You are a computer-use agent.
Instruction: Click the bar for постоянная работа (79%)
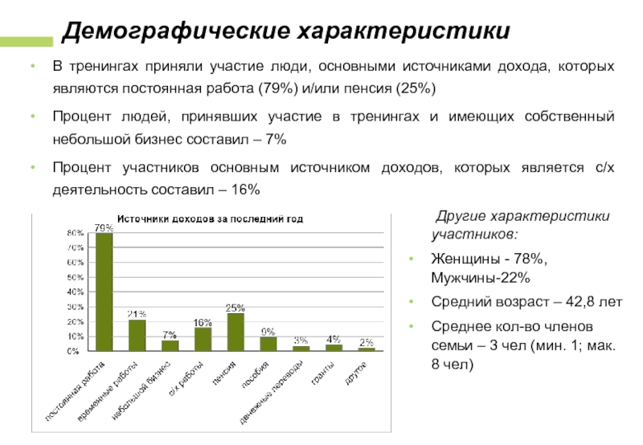pyautogui.click(x=104, y=292)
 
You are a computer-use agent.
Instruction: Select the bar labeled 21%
pyautogui.click(x=137, y=335)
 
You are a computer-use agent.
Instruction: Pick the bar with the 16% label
pyautogui.click(x=203, y=338)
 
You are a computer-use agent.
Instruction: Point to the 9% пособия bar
pyautogui.click(x=268, y=344)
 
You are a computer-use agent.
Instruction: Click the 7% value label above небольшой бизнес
pyautogui.click(x=170, y=334)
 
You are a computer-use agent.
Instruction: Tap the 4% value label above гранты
pyautogui.click(x=334, y=339)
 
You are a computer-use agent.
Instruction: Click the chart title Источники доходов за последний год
pyautogui.click(x=211, y=218)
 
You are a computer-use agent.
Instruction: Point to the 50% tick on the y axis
pyautogui.click(x=75, y=277)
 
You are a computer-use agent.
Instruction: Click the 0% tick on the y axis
pyautogui.click(x=73, y=351)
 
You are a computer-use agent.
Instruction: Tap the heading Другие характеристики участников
pyautogui.click(x=519, y=226)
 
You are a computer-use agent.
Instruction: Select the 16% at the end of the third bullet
pyautogui.click(x=244, y=190)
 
